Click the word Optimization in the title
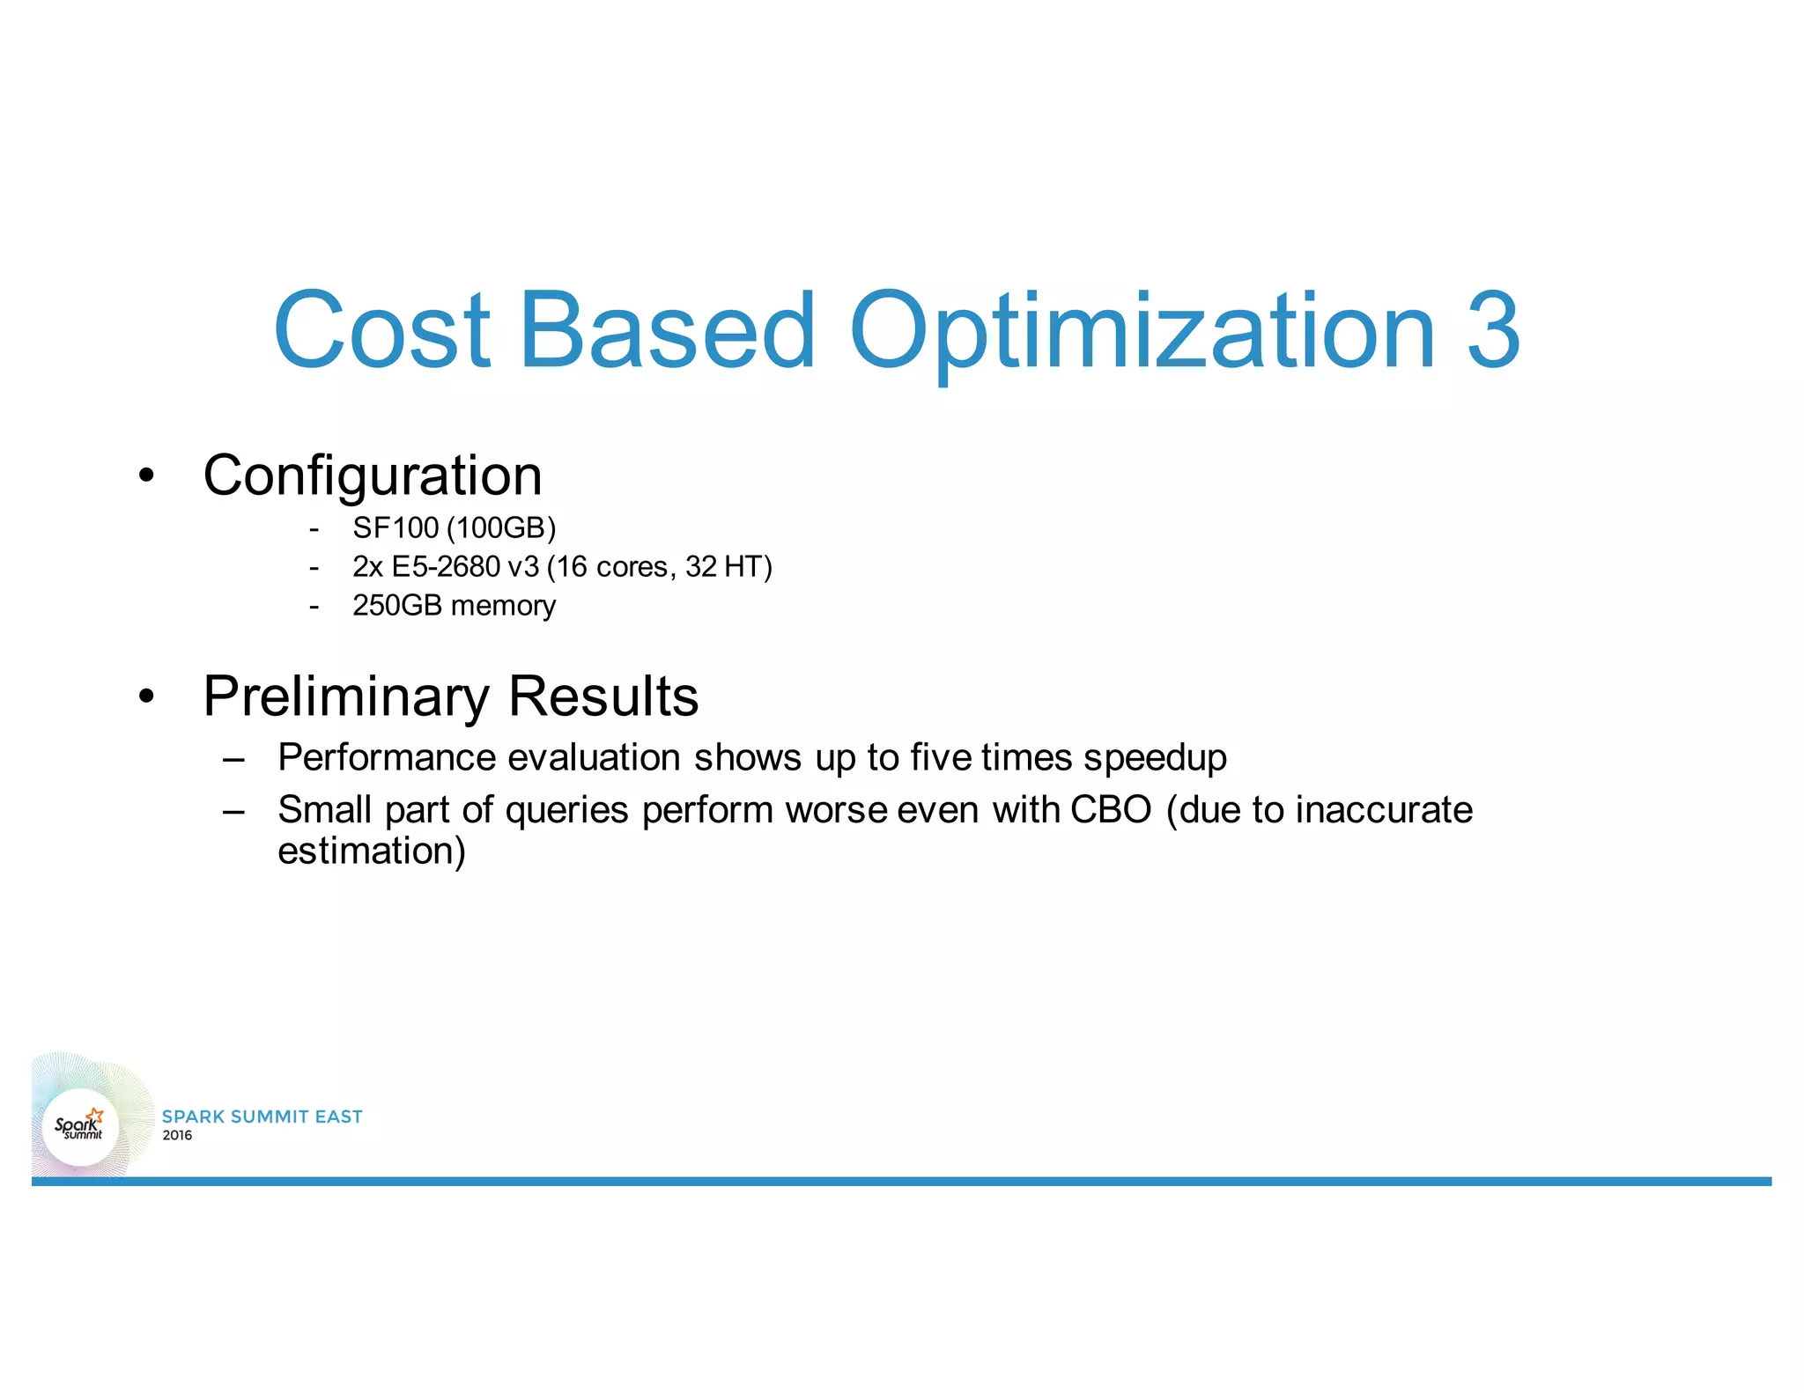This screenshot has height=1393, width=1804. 1142,330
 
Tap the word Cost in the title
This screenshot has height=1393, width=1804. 381,330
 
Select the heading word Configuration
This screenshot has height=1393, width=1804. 372,476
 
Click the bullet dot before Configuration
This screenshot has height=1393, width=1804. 146,476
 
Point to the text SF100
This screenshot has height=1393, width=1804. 395,528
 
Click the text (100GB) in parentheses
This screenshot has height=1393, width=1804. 501,528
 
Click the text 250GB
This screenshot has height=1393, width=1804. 396,606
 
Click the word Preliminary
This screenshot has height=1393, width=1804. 345,696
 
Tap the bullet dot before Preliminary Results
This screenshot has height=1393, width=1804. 146,697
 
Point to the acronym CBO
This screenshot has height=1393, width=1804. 1111,810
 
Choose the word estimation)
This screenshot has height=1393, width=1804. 371,851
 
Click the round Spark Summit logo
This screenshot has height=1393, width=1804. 80,1126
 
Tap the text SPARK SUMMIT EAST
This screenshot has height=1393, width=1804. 262,1117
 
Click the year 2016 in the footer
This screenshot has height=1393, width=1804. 177,1136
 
